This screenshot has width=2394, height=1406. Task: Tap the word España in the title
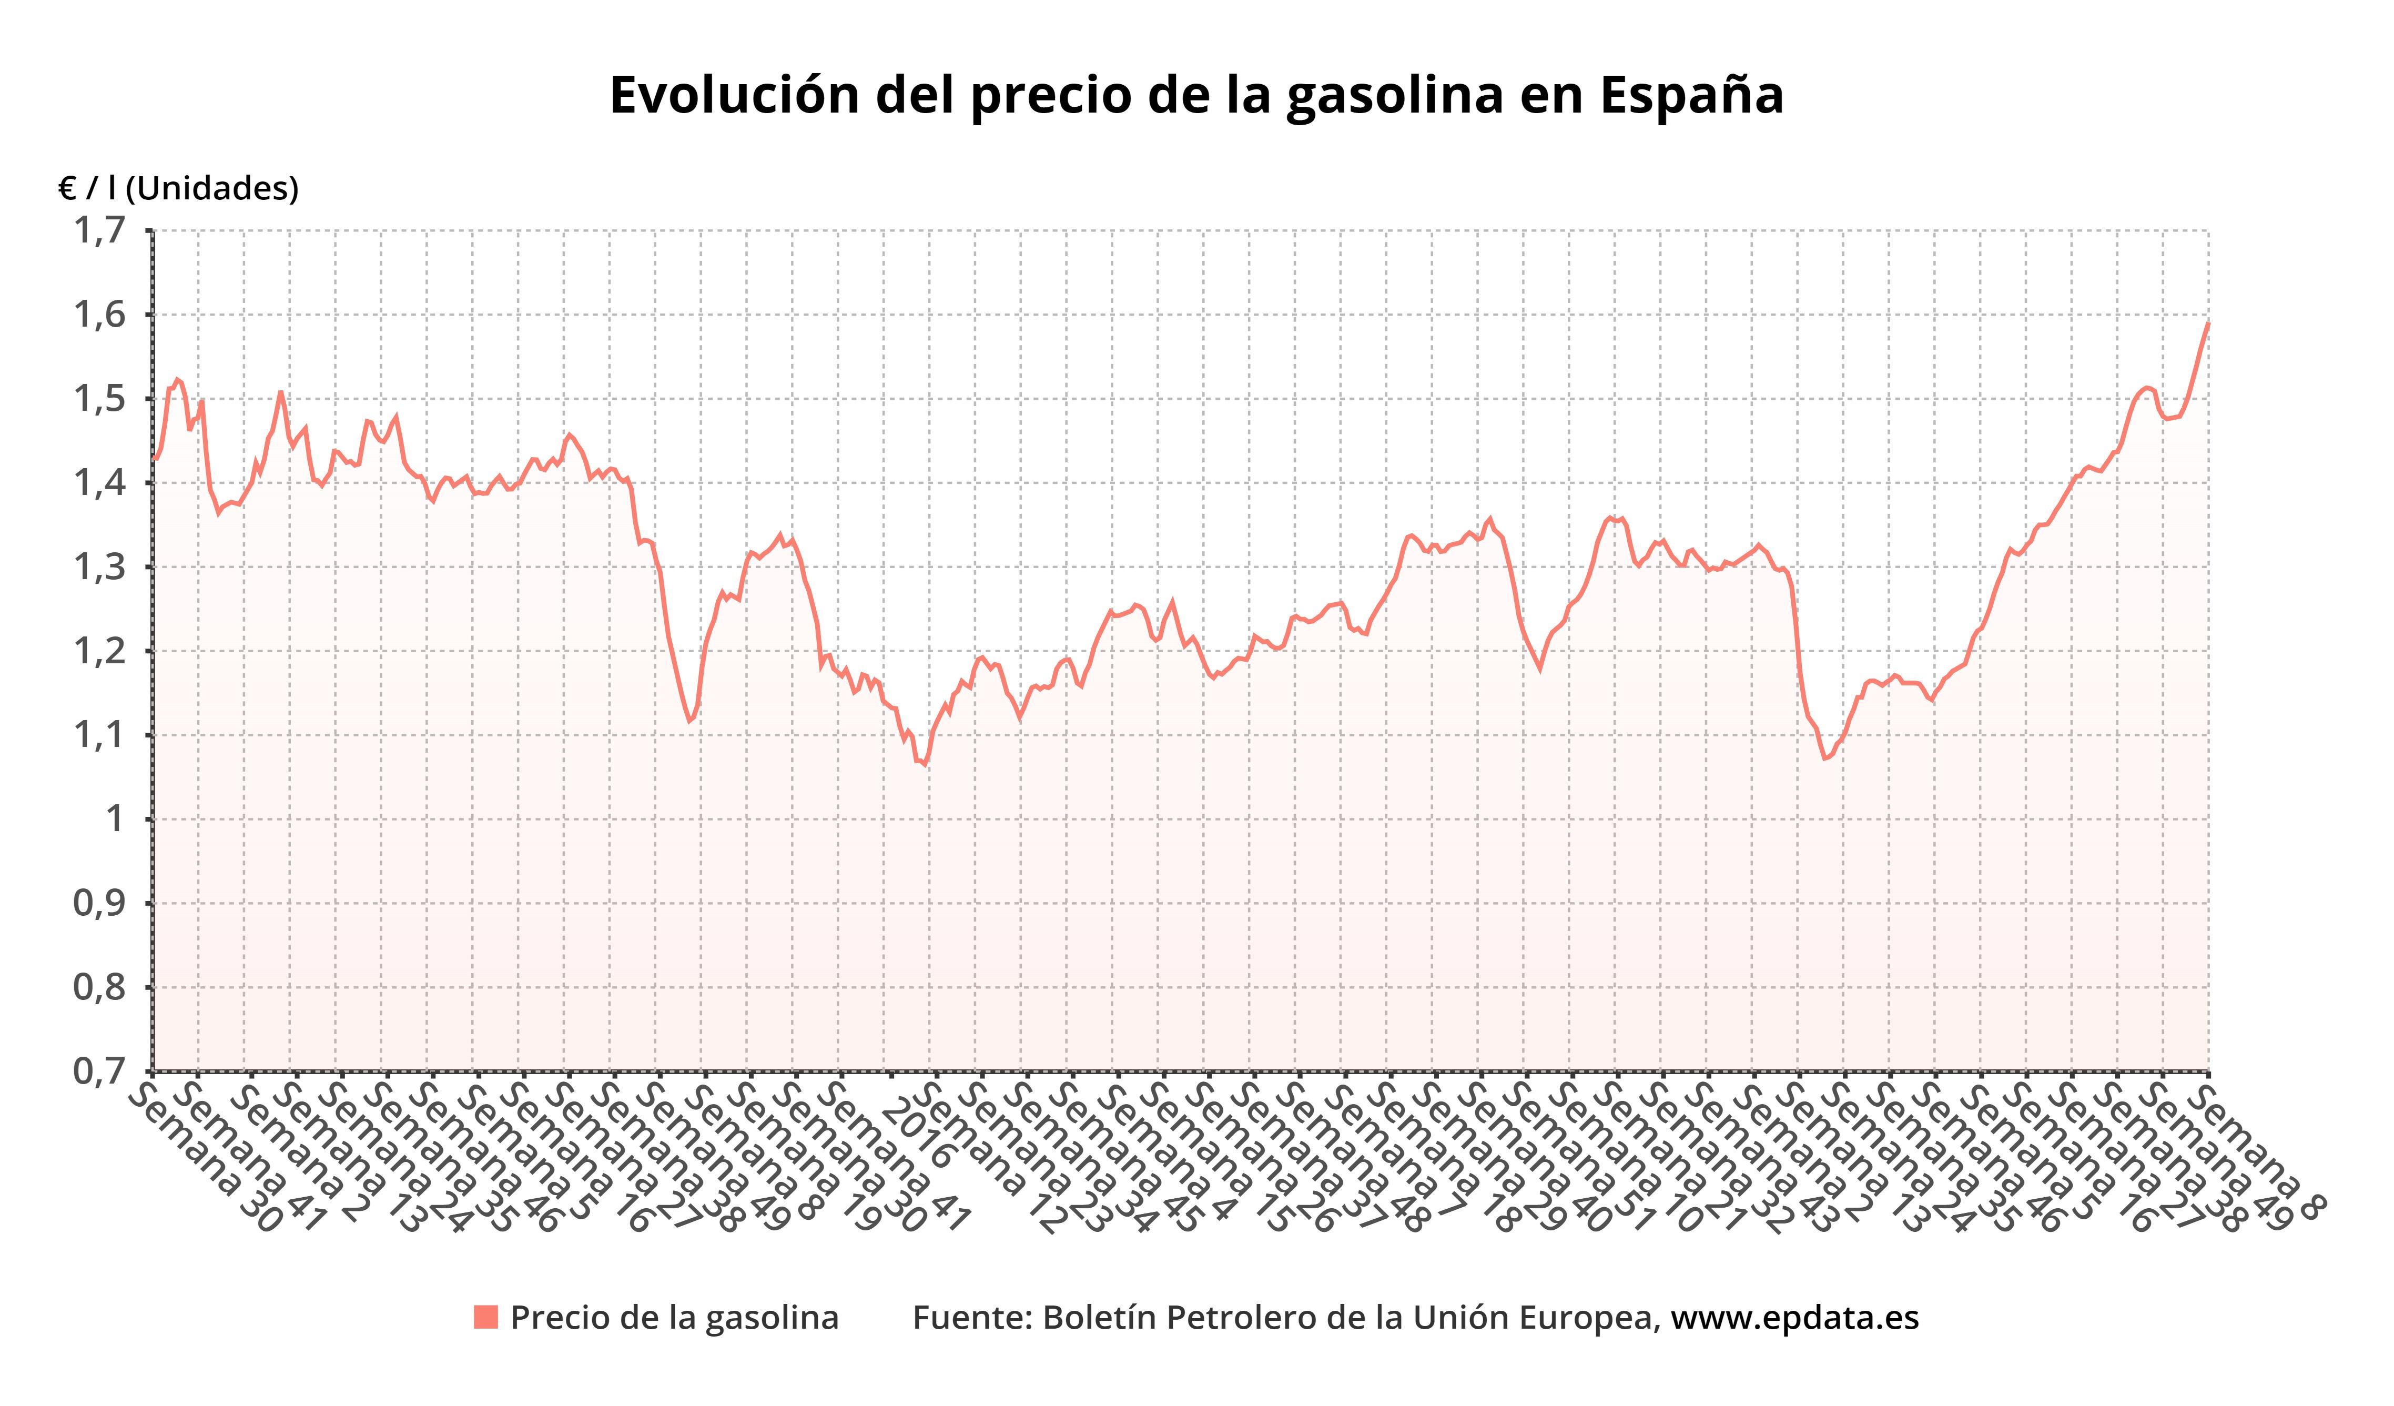pyautogui.click(x=1691, y=95)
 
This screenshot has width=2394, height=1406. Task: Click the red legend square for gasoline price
pyautogui.click(x=485, y=1318)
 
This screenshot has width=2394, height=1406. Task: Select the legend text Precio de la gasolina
pyautogui.click(x=675, y=1318)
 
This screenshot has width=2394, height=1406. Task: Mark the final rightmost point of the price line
pyautogui.click(x=2208, y=324)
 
